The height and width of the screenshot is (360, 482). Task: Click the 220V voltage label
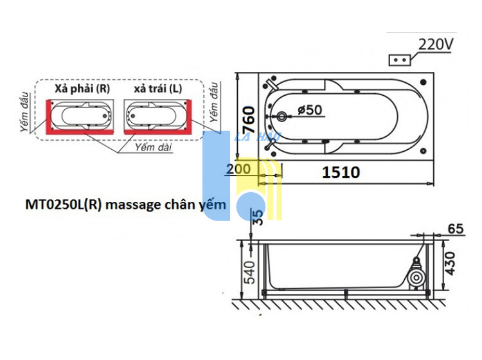click(x=436, y=44)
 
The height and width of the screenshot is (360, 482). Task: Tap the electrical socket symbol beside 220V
click(x=400, y=60)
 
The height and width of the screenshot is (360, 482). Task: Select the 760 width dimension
click(x=249, y=120)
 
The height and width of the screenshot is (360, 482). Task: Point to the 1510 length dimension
click(x=341, y=172)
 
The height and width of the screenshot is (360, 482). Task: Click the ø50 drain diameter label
click(x=310, y=110)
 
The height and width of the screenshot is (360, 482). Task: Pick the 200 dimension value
click(x=238, y=169)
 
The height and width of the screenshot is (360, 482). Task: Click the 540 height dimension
click(x=249, y=273)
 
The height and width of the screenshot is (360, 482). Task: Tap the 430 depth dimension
click(x=450, y=264)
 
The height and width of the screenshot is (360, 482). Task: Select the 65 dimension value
click(x=455, y=228)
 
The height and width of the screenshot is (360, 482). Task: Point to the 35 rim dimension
click(x=258, y=217)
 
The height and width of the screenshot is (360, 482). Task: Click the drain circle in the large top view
click(x=281, y=116)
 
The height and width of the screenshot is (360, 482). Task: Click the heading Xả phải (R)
click(x=82, y=89)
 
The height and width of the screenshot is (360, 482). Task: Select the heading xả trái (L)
click(x=158, y=89)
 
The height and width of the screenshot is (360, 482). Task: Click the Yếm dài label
click(x=154, y=147)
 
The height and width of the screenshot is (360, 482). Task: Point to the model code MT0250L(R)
click(x=64, y=204)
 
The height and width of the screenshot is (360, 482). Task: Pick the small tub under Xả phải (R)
click(x=80, y=117)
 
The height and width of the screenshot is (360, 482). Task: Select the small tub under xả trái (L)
click(x=157, y=117)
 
